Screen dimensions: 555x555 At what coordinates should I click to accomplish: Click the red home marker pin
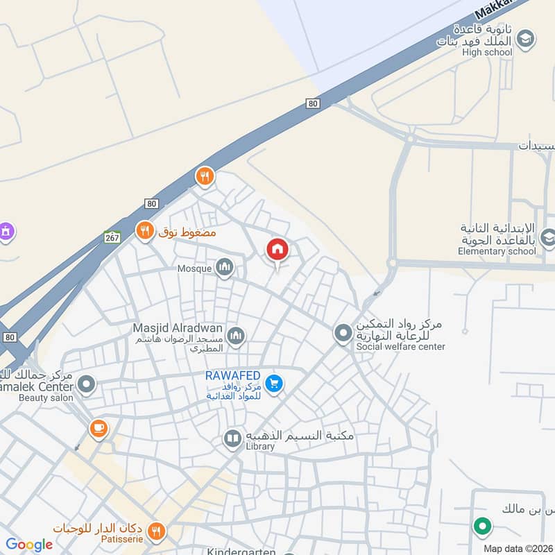click(x=277, y=250)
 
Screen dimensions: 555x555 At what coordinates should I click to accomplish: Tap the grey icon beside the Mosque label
click(x=224, y=267)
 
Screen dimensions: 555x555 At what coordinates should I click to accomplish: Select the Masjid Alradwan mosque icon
click(x=236, y=336)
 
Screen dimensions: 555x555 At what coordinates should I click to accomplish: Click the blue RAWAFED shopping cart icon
click(x=274, y=383)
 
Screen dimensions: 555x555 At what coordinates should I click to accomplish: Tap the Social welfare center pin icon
click(x=343, y=334)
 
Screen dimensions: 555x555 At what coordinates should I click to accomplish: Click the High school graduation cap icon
click(x=526, y=38)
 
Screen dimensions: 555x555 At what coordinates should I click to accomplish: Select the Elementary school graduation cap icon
click(x=547, y=238)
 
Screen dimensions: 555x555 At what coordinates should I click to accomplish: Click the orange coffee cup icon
click(x=99, y=428)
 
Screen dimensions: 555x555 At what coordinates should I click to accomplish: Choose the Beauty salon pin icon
click(x=86, y=384)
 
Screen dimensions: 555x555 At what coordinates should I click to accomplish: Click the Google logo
click(x=28, y=545)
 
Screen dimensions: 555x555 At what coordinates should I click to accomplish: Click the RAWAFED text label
click(x=232, y=375)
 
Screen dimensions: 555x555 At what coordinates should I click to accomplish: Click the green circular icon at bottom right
click(x=482, y=527)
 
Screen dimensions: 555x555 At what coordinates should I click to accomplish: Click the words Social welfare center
click(x=400, y=346)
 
